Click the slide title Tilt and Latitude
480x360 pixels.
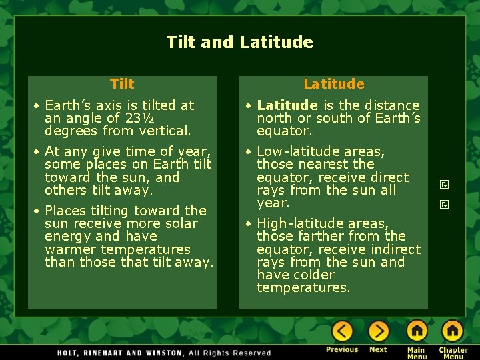tap(239, 43)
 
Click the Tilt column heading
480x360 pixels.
tap(122, 84)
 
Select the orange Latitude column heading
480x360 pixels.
tap(334, 84)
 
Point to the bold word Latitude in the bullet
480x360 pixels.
tap(287, 105)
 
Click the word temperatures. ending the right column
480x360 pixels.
tap(303, 287)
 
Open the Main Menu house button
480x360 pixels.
tap(417, 331)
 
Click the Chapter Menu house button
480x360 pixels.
tap(453, 331)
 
